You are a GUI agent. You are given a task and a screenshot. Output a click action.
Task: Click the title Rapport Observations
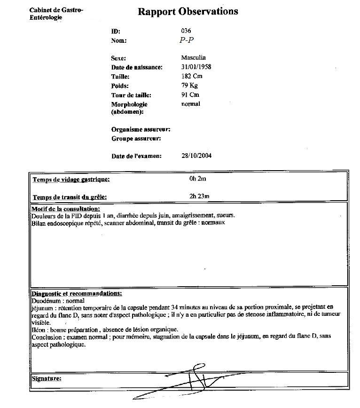pos(188,12)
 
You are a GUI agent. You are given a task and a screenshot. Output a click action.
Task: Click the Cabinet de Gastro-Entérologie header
pos(56,14)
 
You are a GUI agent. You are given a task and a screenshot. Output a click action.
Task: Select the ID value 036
pos(186,31)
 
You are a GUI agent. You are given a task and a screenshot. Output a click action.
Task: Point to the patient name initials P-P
pos(187,40)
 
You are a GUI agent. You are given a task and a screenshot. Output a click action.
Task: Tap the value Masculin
pos(194,58)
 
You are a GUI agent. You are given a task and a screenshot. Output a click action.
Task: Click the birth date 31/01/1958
pos(196,67)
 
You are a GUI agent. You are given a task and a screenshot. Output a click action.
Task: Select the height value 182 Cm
pos(192,76)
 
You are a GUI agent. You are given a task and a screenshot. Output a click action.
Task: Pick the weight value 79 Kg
pos(189,86)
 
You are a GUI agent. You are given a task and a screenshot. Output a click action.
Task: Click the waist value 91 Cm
pos(190,95)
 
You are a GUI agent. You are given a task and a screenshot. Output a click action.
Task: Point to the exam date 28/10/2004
pos(196,156)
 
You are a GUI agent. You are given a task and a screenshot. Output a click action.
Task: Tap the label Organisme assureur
pos(141,129)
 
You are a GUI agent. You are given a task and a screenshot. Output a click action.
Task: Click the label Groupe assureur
pos(136,139)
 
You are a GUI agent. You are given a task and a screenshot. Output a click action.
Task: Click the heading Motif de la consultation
pos(65,209)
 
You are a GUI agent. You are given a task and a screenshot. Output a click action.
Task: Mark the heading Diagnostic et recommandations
pos(77,293)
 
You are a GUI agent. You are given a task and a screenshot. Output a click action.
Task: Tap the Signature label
pos(47,378)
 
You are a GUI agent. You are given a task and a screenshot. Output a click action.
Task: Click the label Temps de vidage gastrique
pos(71,180)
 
